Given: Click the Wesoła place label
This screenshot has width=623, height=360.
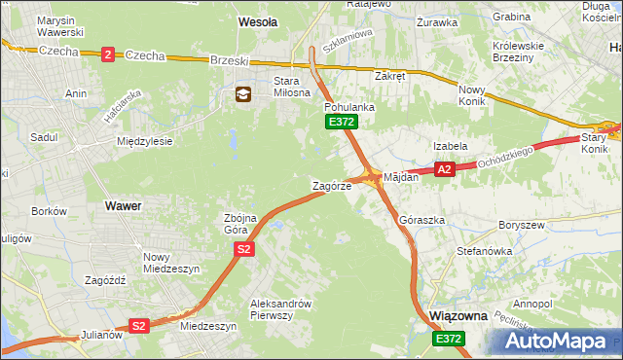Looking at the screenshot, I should click(x=258, y=20).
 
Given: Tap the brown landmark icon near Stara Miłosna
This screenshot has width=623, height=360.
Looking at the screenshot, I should click(x=242, y=94).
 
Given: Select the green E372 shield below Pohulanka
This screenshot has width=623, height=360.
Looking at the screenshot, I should click(x=341, y=122).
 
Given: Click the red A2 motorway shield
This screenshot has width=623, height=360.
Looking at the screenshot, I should click(x=444, y=169).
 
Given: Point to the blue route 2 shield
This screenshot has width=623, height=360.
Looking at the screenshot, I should click(x=107, y=55).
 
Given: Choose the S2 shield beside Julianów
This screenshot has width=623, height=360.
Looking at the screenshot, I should click(x=139, y=326).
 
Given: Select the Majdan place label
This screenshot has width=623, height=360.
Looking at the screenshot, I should click(x=401, y=178).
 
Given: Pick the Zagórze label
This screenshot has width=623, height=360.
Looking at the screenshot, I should click(x=330, y=186).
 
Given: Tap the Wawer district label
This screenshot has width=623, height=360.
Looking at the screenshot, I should click(x=124, y=206).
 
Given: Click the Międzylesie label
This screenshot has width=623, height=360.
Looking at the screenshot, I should click(x=144, y=141).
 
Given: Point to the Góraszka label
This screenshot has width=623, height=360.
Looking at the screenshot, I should click(x=422, y=221).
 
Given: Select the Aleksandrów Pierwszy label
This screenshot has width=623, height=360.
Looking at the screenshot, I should click(x=280, y=308).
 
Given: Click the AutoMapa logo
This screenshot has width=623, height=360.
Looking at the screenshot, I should click(x=558, y=341).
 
